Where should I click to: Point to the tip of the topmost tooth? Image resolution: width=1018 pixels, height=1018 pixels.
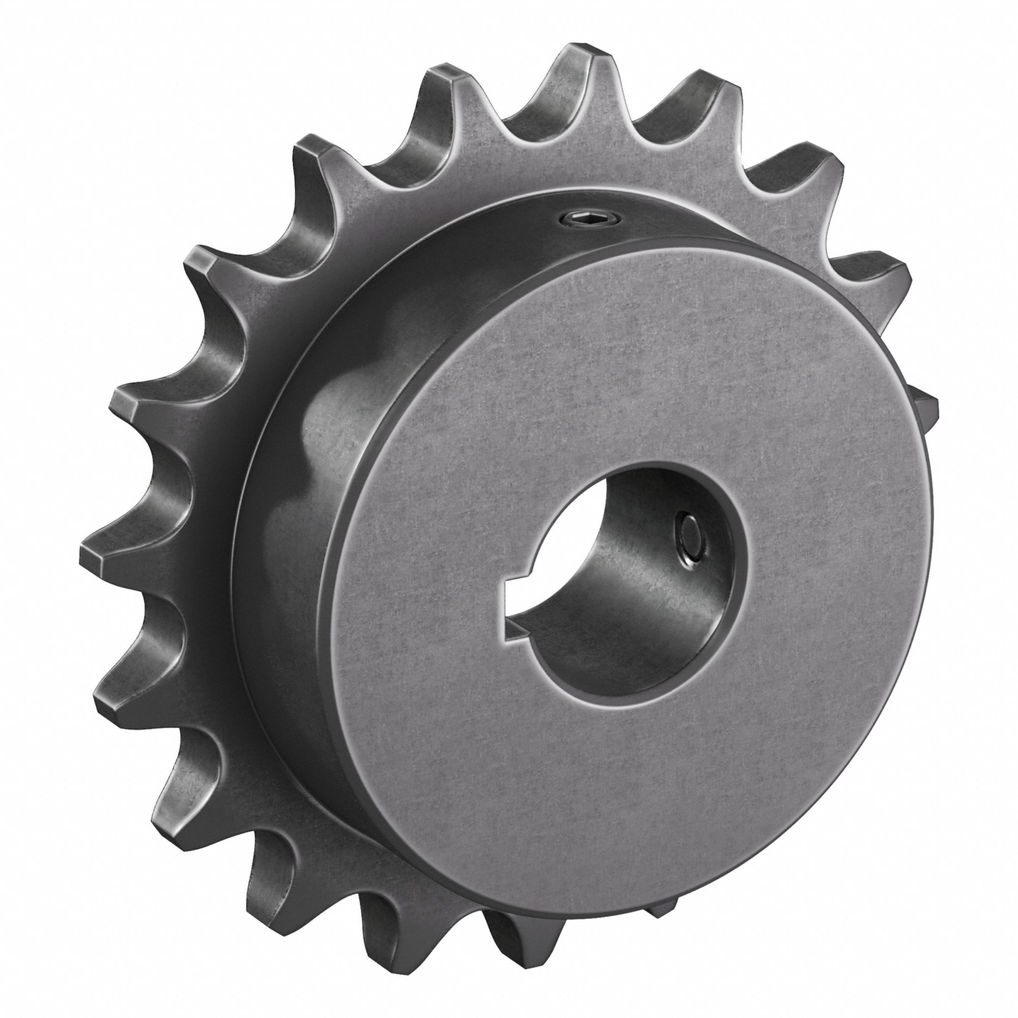579,53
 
